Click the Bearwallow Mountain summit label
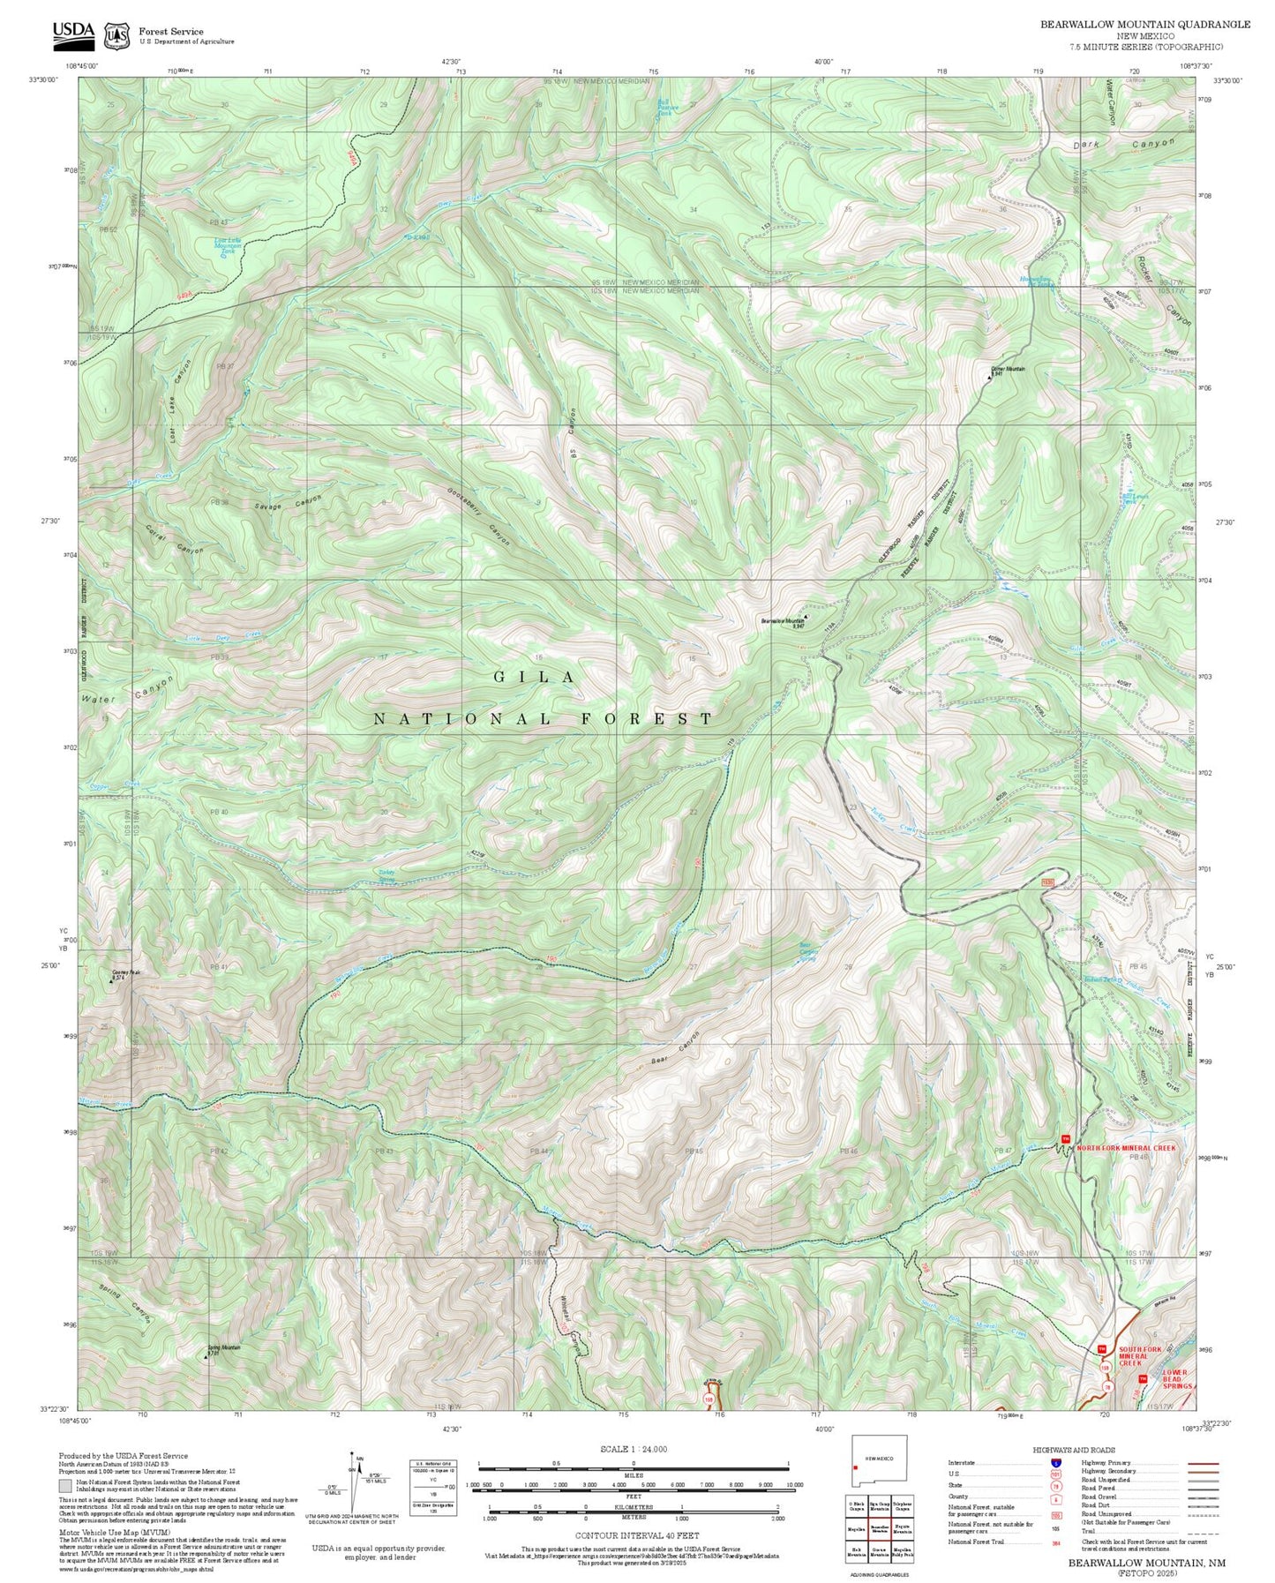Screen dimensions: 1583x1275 point(783,621)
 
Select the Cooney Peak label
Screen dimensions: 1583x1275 point(125,973)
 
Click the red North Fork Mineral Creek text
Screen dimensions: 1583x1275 point(1126,1148)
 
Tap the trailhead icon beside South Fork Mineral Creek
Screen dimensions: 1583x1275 point(1102,1349)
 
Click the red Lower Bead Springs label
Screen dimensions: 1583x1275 point(1176,1379)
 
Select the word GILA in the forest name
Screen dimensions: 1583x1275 point(534,677)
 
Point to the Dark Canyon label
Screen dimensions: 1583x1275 point(1123,143)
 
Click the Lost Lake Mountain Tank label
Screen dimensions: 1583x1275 point(227,245)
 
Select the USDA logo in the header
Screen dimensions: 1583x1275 point(73,33)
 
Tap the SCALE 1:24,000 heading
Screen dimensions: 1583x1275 point(634,1449)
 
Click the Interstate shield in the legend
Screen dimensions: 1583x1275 point(1055,1463)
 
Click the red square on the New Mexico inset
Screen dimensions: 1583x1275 point(856,1468)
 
